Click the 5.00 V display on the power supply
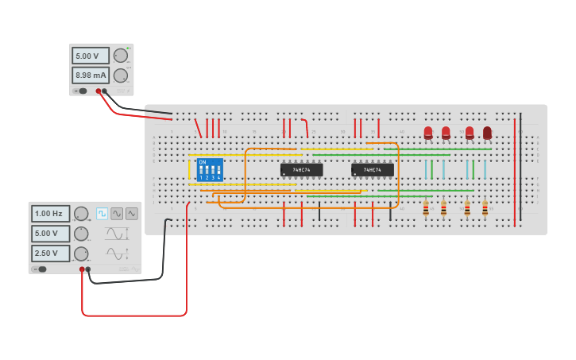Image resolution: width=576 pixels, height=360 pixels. (x=90, y=56)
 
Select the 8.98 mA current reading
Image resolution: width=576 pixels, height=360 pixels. (x=90, y=75)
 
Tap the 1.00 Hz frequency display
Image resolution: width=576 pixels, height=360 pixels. (x=50, y=214)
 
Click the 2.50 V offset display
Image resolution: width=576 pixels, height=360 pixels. (x=50, y=254)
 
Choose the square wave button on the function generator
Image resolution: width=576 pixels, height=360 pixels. (x=102, y=214)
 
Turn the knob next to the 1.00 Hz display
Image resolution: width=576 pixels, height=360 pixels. (x=81, y=214)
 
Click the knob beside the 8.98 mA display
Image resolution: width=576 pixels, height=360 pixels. (x=121, y=75)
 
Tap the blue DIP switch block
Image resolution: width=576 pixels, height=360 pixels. (x=210, y=169)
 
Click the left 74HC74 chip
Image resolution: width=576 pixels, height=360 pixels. (x=301, y=170)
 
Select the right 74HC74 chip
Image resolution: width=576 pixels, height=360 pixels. (x=373, y=170)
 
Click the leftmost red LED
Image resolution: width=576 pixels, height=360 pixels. (x=428, y=133)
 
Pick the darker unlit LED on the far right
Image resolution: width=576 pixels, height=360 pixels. (x=487, y=133)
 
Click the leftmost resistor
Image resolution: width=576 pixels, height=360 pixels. (x=426, y=208)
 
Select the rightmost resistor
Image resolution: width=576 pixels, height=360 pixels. (x=485, y=208)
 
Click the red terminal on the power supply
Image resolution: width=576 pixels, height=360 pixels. (x=99, y=91)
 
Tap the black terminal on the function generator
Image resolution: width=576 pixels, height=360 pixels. (x=87, y=269)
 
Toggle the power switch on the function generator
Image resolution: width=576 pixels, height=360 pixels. (x=39, y=269)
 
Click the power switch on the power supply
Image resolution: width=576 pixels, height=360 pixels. (x=80, y=91)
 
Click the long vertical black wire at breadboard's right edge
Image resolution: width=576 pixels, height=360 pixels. (x=520, y=167)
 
